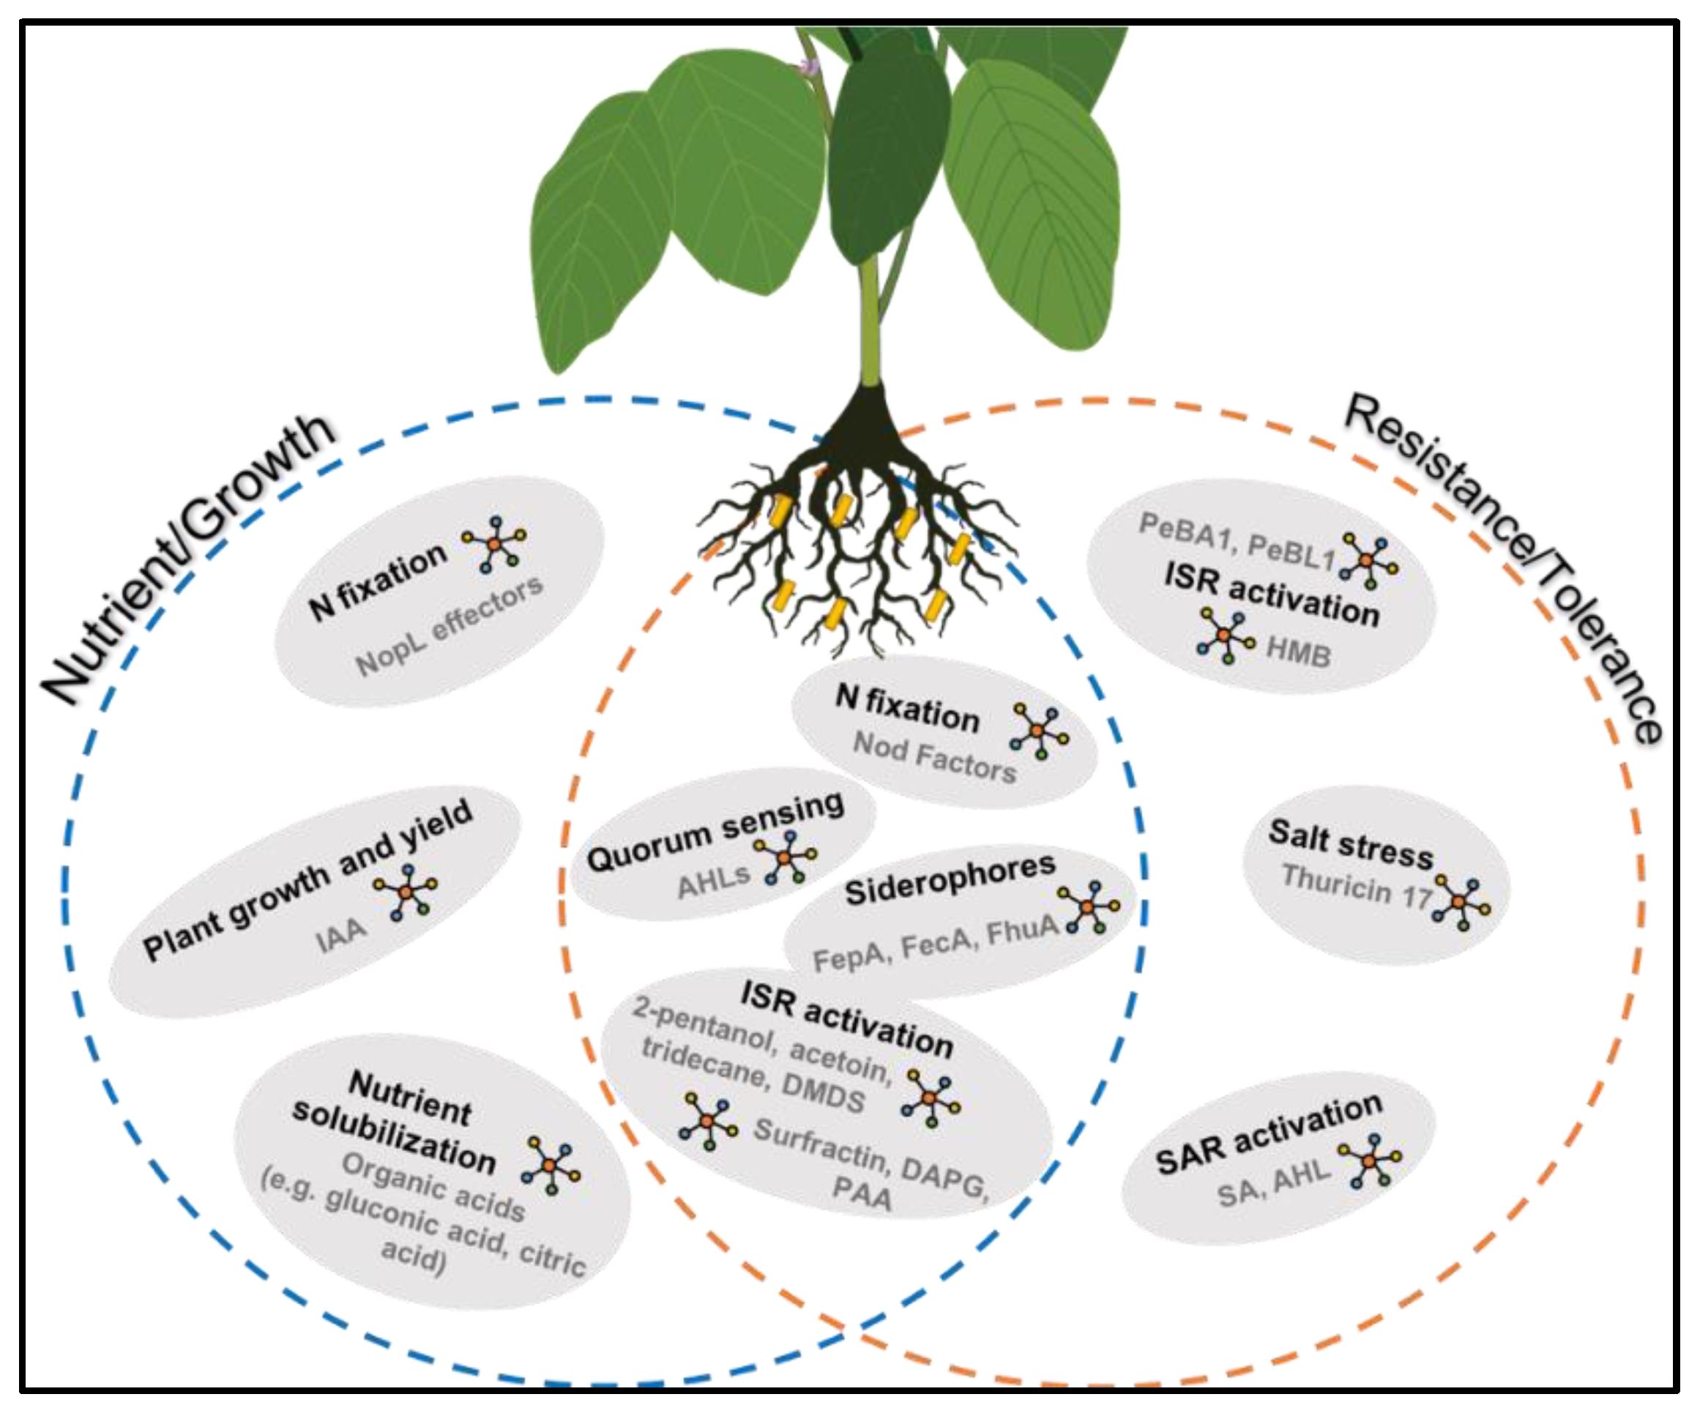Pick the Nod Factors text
coord(935,758)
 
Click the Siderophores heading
coord(950,879)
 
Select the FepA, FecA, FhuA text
coord(936,944)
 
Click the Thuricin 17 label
coord(1357,886)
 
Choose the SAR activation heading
coord(1270,1133)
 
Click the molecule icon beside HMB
coord(1226,636)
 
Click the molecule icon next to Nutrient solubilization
coord(551,1165)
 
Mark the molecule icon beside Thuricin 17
coord(1461,902)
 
